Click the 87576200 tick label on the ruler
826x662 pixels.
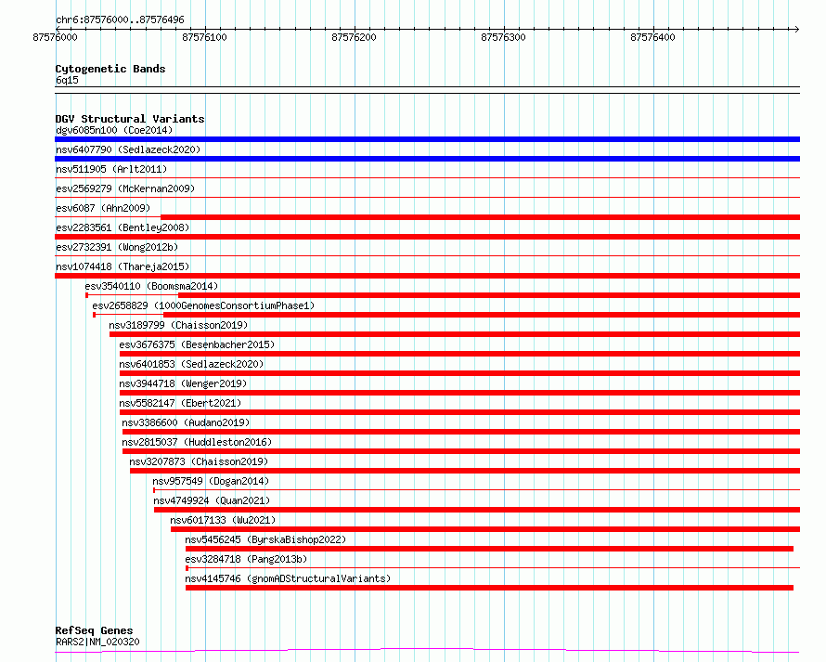[x=354, y=37]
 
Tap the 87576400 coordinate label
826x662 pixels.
[x=652, y=37]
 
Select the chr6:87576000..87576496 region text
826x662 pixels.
[x=120, y=19]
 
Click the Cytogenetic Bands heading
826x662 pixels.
[x=110, y=69]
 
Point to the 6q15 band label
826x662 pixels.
[x=67, y=80]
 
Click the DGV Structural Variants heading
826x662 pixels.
[x=130, y=119]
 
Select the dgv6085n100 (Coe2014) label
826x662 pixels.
[x=114, y=130]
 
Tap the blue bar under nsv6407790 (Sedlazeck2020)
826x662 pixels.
[x=427, y=159]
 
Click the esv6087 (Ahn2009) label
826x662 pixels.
[x=103, y=208]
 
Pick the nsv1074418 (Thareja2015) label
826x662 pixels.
[x=123, y=266]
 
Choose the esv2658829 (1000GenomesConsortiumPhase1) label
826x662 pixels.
[x=203, y=305]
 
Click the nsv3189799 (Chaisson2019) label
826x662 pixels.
[x=178, y=325]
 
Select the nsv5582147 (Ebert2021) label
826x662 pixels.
[x=180, y=403]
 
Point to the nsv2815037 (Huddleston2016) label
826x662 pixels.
[x=197, y=442]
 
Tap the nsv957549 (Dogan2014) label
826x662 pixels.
[x=211, y=481]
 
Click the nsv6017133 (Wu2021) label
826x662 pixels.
[x=223, y=520]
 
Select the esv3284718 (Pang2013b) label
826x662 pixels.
[x=246, y=559]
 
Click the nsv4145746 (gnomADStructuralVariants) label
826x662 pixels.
[x=288, y=578]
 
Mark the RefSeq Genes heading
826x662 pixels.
[x=95, y=630]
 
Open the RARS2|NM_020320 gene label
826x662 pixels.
[x=97, y=642]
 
